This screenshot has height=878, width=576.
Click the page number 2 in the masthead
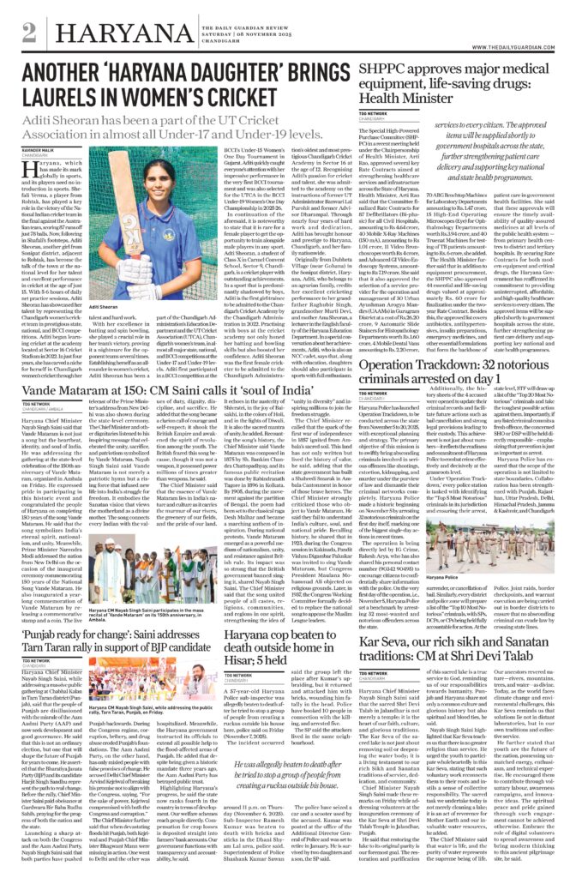tap(30, 32)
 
